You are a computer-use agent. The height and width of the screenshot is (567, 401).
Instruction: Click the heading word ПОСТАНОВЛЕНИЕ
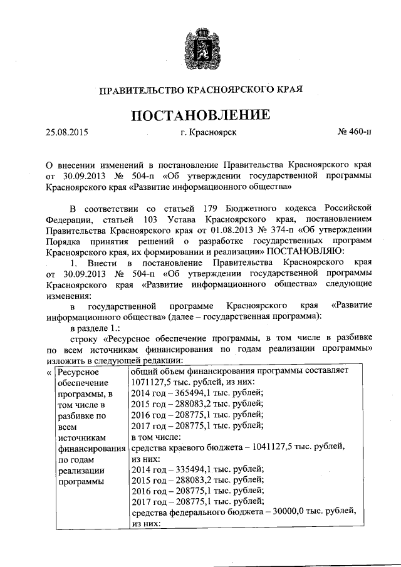tap(200, 115)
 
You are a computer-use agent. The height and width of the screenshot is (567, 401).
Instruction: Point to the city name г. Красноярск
tap(208, 133)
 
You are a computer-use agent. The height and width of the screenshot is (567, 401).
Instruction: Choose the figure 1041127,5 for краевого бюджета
tap(278, 446)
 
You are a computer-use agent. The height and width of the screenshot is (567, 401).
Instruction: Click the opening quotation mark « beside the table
tap(49, 371)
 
